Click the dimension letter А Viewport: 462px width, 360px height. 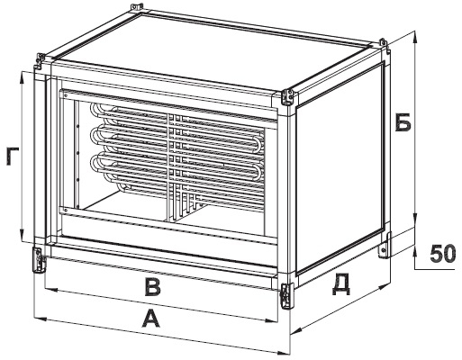coord(151,319)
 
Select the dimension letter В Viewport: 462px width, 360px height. coord(153,287)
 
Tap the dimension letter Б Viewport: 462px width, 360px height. coord(403,122)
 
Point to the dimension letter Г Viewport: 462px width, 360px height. coord(13,156)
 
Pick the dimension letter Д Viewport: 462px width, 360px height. coord(341,283)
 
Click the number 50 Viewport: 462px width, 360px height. coord(442,254)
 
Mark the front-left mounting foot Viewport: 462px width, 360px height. coord(39,260)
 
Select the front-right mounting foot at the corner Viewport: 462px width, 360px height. coord(287,296)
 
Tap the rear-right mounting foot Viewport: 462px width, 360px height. coord(385,245)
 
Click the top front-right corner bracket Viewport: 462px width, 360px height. coord(288,97)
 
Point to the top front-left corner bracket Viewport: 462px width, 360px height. coord(40,61)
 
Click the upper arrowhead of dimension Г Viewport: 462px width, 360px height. coord(23,77)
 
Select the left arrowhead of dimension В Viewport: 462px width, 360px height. coord(51,290)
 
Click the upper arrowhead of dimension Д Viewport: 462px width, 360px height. coord(384,287)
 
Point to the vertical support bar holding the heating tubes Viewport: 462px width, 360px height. coord(172,167)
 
